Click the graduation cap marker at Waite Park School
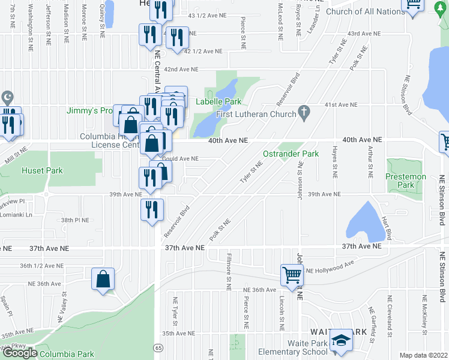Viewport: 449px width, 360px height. tap(342, 340)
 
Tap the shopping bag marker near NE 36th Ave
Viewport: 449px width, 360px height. tap(103, 278)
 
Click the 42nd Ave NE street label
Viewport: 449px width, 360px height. tap(181, 70)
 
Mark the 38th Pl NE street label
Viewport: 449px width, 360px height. tap(75, 220)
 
